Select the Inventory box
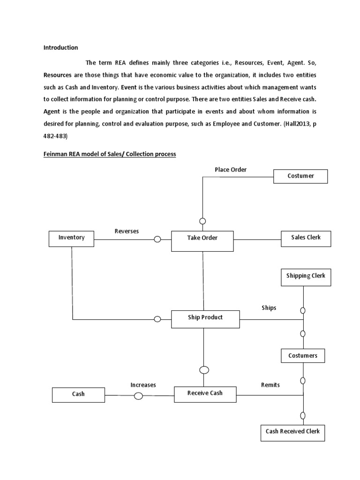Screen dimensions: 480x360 pos(72,239)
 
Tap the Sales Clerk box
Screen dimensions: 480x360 pos(306,238)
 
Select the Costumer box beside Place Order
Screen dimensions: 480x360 pos(300,176)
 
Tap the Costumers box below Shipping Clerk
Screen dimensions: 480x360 pos(302,356)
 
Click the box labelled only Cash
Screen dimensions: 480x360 pos(78,395)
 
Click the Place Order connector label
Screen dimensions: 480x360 pos(231,169)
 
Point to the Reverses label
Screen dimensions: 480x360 pos(127,232)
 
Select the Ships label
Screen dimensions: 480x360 pos(269,308)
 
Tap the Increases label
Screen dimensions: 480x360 pos(143,385)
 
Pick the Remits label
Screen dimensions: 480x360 pos(270,385)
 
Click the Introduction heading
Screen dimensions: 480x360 pos(61,47)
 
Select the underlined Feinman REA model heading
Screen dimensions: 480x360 pos(110,154)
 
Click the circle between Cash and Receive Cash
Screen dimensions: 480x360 pos(138,396)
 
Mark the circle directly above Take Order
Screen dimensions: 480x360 pos(202,221)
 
